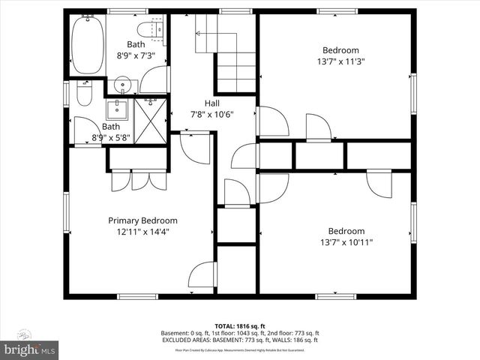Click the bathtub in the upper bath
pos(88,44)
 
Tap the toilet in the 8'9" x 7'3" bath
pos(155,30)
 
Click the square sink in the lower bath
pos(116,110)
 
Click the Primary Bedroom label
pos(142,220)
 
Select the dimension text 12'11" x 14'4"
pos(142,232)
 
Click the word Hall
pos(212,103)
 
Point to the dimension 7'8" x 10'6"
pos(212,115)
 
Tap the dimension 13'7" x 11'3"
pos(335,62)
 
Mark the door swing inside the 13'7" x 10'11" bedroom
pos(379,184)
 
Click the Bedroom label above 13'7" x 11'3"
pos(335,51)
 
